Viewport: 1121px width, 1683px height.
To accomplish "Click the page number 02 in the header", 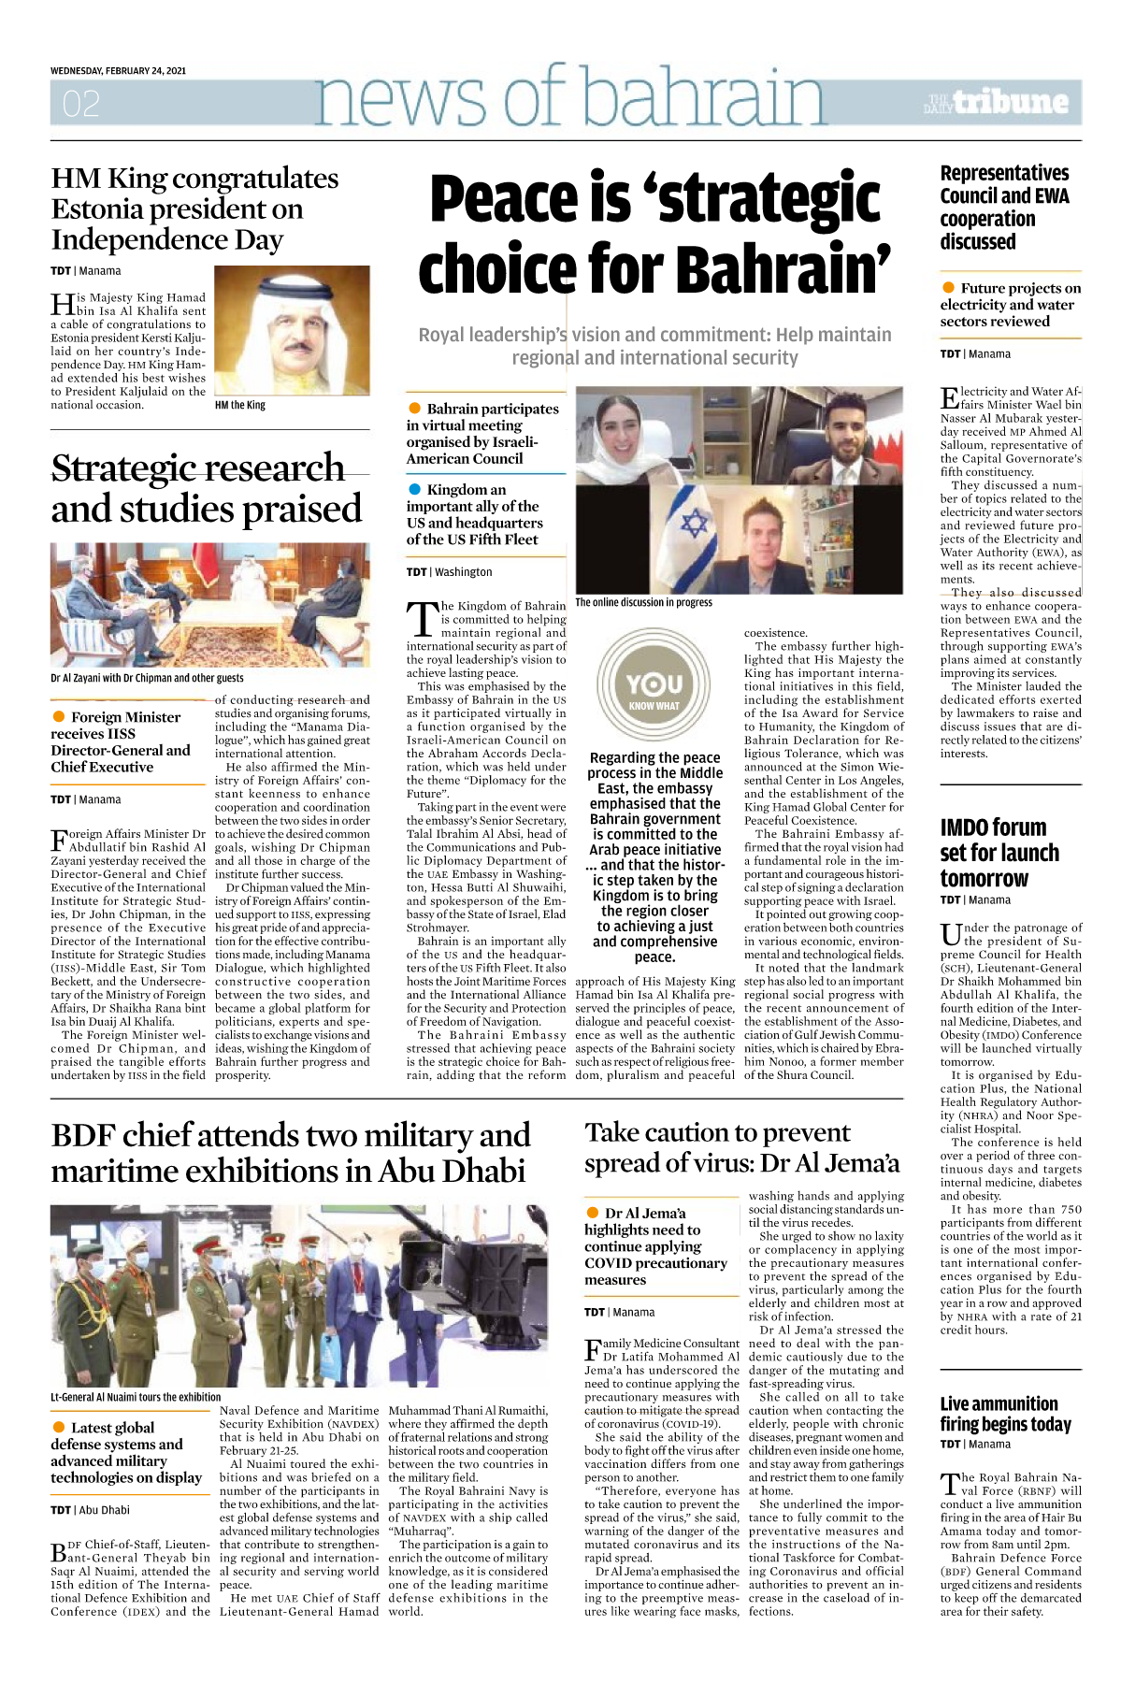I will click(x=80, y=103).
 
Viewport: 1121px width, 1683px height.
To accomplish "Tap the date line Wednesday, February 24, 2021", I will click(x=118, y=71).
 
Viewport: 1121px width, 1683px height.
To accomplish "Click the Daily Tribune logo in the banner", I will click(x=996, y=102).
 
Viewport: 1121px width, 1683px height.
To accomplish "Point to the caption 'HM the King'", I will click(x=240, y=405).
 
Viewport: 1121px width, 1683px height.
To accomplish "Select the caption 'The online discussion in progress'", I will click(x=643, y=603).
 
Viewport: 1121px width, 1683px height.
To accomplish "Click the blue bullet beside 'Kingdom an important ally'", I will click(x=415, y=489).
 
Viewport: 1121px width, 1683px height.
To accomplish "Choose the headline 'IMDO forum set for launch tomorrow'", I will click(x=999, y=852).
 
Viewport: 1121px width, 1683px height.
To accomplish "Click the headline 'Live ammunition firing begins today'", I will click(x=1005, y=1414).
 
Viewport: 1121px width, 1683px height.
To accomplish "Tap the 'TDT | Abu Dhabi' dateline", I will click(x=90, y=1510).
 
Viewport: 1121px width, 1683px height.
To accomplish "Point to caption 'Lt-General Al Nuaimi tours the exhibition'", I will click(x=136, y=1397).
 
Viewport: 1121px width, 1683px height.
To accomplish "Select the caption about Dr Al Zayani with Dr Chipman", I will click(x=147, y=678).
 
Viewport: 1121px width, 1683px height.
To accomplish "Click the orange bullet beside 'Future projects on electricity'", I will click(x=948, y=288).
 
